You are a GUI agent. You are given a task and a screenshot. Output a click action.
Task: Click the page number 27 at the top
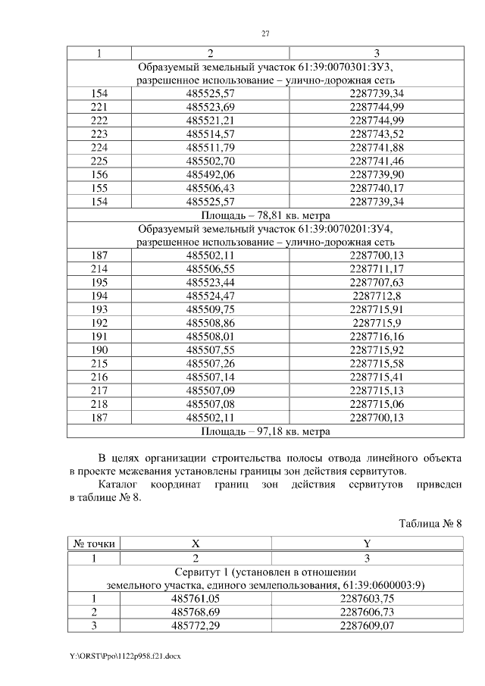(x=265, y=33)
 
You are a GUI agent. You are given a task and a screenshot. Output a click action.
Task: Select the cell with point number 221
(x=99, y=106)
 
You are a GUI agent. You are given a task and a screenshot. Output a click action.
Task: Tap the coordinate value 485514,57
(x=210, y=133)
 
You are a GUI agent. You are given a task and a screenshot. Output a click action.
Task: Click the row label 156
(x=99, y=174)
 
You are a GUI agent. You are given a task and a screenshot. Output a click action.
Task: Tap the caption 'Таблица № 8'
(x=430, y=523)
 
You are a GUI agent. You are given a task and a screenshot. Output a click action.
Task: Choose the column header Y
(x=367, y=544)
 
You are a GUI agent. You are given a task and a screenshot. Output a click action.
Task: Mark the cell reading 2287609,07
(x=366, y=625)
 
